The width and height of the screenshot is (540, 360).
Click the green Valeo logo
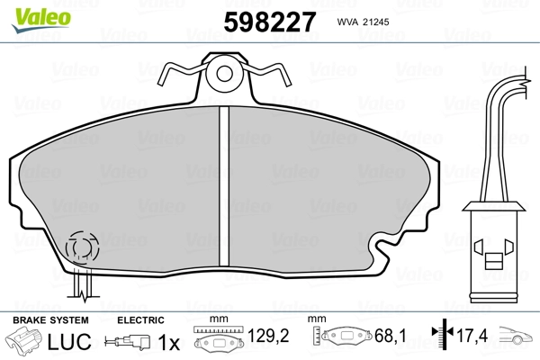(x=41, y=20)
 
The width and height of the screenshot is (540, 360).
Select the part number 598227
(x=270, y=22)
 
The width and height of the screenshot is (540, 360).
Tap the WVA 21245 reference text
(x=363, y=22)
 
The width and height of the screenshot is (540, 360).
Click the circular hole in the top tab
(x=224, y=74)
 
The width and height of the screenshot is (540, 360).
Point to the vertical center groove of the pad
(x=224, y=186)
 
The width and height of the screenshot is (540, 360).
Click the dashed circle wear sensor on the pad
(x=82, y=247)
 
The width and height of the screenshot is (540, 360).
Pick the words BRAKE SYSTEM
(x=50, y=320)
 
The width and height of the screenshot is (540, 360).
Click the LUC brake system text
(x=69, y=342)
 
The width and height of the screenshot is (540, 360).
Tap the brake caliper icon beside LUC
(x=23, y=340)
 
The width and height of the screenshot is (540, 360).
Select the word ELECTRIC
(x=140, y=320)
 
